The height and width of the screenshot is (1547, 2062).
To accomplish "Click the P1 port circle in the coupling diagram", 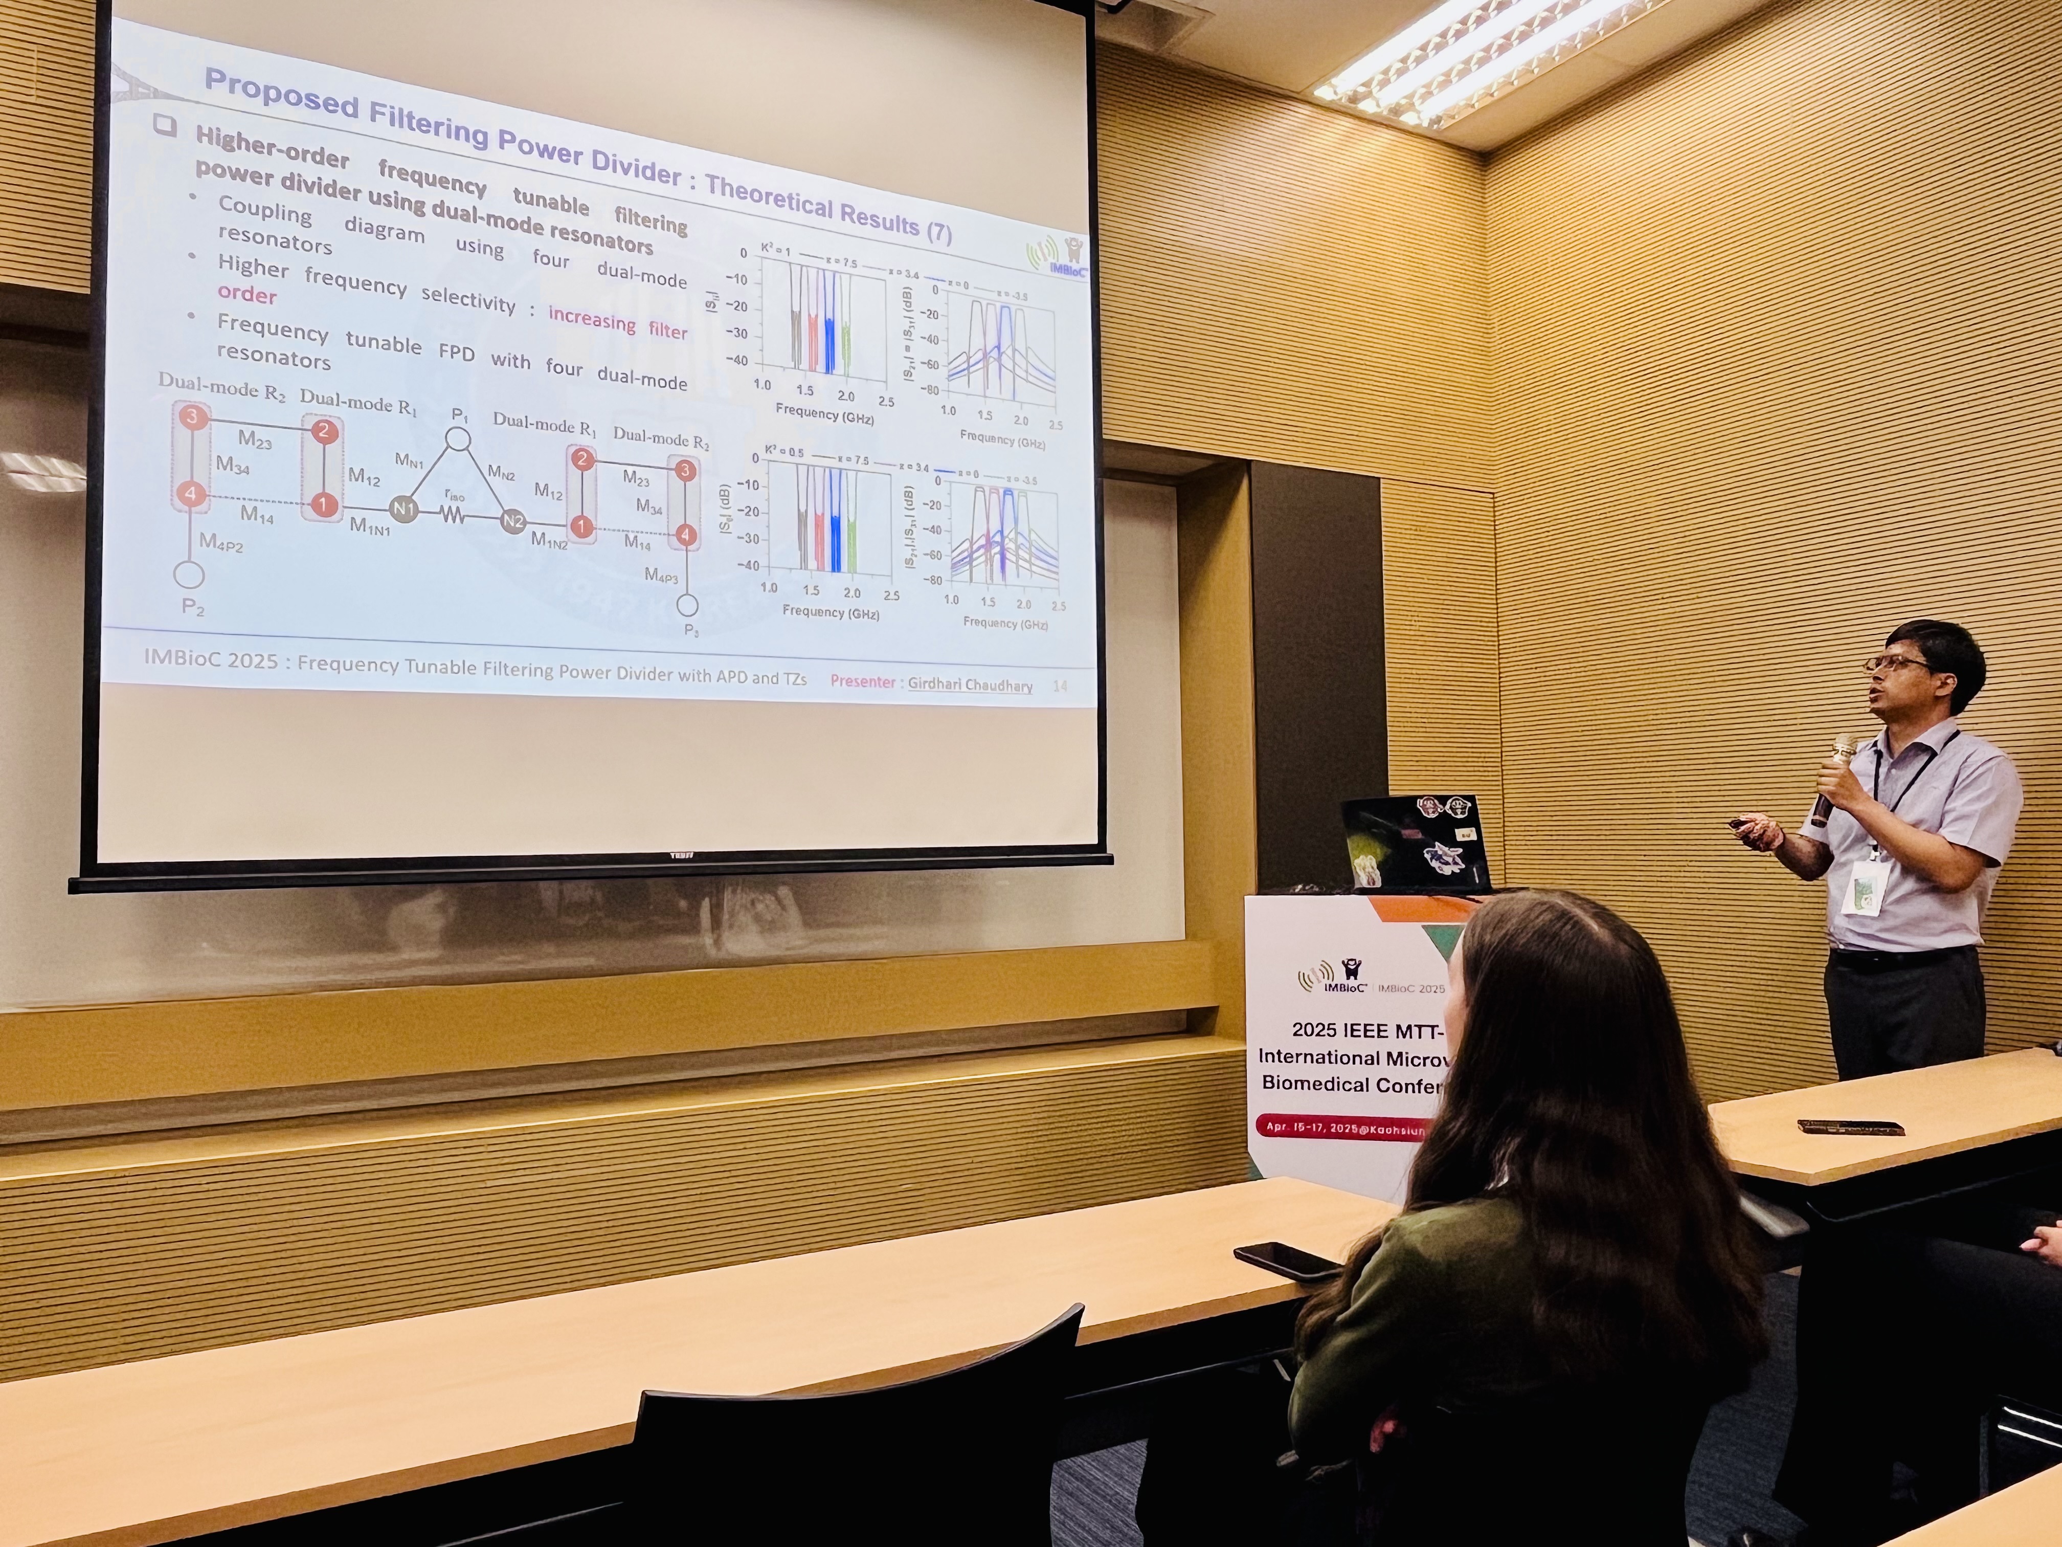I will [457, 439].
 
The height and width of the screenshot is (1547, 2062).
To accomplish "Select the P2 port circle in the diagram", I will [189, 574].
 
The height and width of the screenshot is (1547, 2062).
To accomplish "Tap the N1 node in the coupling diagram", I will [404, 509].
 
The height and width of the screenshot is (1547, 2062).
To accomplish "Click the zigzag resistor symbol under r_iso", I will [454, 514].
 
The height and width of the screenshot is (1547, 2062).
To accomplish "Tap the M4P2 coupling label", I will [221, 543].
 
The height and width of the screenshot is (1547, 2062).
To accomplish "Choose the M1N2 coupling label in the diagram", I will [549, 539].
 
